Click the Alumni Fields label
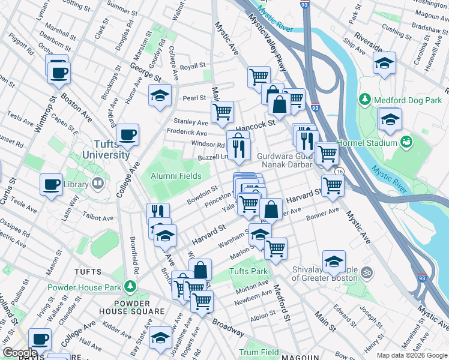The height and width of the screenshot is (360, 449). (x=179, y=176)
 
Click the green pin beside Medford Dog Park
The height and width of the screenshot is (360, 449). (x=364, y=98)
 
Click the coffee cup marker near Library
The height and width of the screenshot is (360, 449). (x=51, y=183)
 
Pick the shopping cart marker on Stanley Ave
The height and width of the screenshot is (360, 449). (x=222, y=111)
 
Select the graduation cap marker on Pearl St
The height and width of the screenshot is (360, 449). (x=160, y=96)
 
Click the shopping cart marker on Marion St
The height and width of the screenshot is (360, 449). (x=276, y=247)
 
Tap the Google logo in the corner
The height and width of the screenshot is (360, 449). (x=19, y=353)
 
